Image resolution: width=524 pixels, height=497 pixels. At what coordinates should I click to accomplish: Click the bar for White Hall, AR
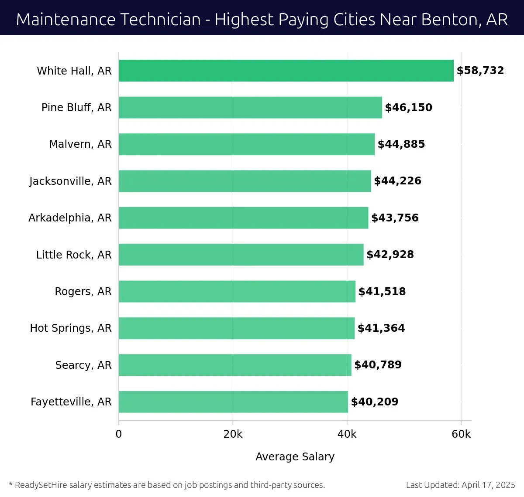pos(286,71)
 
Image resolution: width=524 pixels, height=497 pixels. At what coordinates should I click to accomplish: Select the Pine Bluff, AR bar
pos(250,107)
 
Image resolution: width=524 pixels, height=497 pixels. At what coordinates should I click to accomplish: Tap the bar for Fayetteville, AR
pos(233,402)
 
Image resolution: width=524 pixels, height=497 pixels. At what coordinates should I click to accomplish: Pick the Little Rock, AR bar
pos(241,255)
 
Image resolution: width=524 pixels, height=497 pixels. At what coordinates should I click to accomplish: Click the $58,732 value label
pos(480,71)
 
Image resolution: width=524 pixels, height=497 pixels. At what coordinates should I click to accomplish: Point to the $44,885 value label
pos(401,144)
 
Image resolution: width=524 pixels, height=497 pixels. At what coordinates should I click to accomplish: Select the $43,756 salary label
pos(395,218)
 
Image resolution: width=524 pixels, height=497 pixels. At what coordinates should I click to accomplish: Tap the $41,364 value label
pos(381,328)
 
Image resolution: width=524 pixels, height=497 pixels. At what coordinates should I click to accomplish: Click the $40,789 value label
pos(378,365)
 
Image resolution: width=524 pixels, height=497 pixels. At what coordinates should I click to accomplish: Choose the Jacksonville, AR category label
pos(70,181)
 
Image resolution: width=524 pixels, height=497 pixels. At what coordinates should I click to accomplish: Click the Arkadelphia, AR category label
pos(70,218)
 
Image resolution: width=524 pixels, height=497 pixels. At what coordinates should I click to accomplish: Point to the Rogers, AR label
pos(83,291)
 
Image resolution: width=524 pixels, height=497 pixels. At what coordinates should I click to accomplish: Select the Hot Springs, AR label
pos(71,328)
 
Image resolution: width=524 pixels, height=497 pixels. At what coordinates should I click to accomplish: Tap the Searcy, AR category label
pos(83,365)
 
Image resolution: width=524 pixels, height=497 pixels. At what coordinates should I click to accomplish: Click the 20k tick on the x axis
pos(233,434)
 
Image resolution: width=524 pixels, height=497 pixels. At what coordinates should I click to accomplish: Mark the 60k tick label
pos(461,434)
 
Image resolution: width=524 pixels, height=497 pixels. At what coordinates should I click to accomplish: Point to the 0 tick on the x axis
pos(119,434)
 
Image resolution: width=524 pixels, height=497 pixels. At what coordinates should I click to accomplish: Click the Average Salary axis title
pos(295,456)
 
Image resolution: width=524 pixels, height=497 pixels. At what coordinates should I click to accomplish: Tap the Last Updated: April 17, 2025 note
pos(460,485)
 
